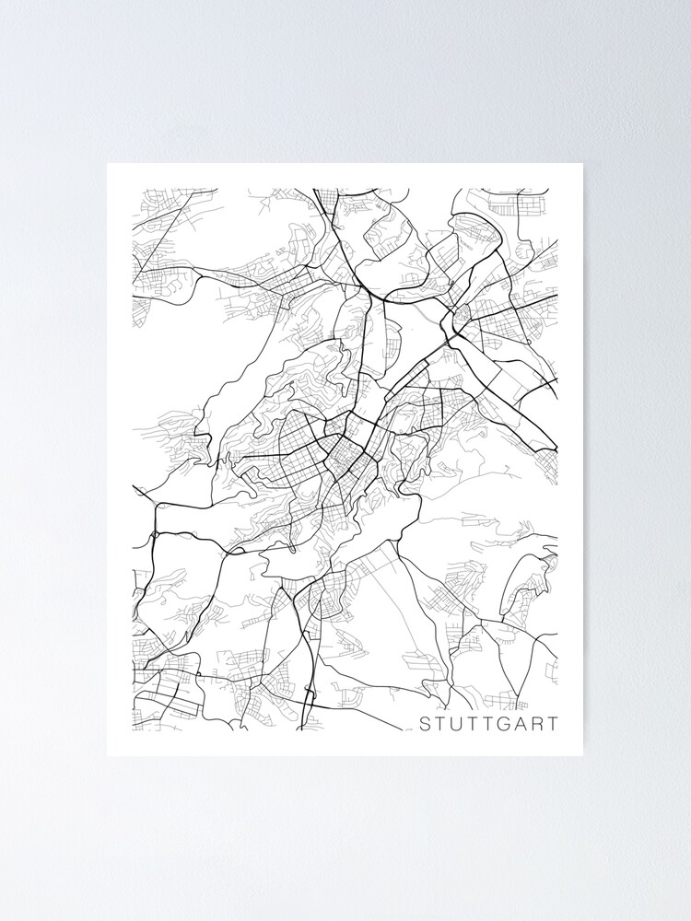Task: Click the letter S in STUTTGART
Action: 425,724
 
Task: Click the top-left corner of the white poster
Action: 108,164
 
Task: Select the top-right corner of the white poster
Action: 582,164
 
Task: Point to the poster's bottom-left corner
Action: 108,755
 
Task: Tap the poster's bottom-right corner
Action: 582,755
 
